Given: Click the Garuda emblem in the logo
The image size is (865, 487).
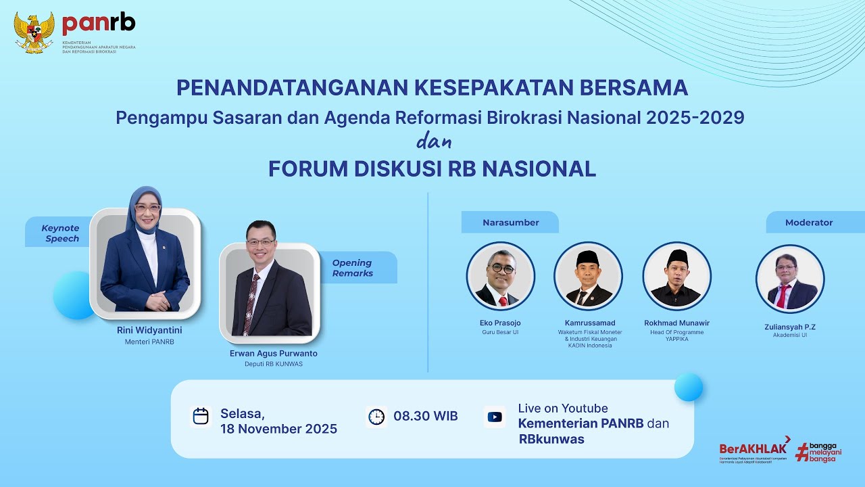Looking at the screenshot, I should [x=34, y=32].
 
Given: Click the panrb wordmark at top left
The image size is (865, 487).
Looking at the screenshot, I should [x=99, y=24].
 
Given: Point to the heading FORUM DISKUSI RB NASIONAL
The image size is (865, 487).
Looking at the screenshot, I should [x=432, y=169].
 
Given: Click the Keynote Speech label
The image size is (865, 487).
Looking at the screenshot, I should [x=60, y=233].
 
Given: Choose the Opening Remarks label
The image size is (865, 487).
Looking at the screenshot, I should [x=352, y=268].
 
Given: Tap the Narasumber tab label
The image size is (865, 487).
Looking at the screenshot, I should [x=510, y=223].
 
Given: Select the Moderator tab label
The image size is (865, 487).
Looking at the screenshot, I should [x=808, y=223].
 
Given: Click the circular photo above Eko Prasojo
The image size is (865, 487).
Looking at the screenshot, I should [x=500, y=276].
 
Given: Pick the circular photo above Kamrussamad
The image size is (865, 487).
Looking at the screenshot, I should [x=588, y=276].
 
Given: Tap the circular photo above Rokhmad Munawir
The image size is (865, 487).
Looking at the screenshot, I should [x=676, y=276].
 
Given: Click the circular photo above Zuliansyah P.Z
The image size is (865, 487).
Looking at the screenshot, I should [x=789, y=278].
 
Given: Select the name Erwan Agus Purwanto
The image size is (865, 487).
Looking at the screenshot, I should [x=273, y=354].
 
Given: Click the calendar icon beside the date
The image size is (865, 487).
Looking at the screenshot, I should [x=201, y=416].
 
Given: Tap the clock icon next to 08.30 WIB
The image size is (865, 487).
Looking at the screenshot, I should [x=376, y=417].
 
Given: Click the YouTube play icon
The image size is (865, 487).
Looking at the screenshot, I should [x=495, y=417].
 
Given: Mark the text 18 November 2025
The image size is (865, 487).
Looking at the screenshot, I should [x=278, y=430].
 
